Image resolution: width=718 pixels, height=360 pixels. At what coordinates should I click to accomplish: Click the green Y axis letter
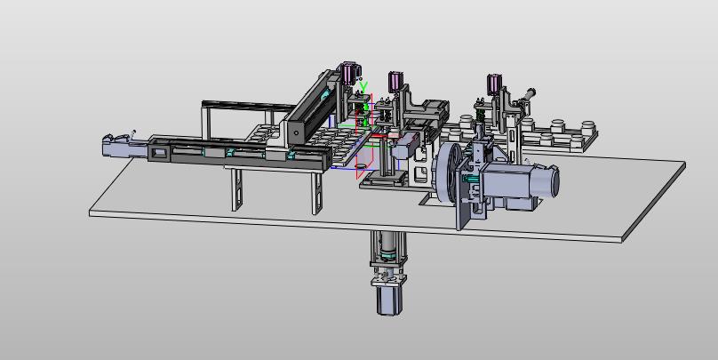coord(363,86)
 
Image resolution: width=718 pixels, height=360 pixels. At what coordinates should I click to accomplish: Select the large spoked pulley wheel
coord(448,172)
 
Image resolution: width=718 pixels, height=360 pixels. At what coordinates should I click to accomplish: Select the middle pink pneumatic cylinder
coord(395,81)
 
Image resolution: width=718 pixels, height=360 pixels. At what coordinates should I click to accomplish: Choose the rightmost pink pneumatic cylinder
coord(493,84)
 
